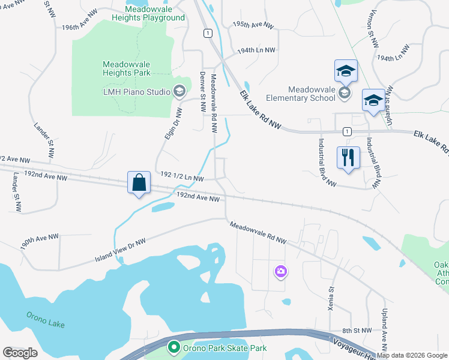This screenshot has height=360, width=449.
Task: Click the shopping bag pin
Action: [x=139, y=182]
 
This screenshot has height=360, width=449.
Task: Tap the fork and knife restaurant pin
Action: [x=348, y=158]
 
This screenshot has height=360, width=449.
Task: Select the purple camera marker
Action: [x=280, y=272]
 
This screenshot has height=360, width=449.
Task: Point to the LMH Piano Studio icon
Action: [x=178, y=91]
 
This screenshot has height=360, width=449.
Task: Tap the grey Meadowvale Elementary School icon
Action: [x=345, y=92]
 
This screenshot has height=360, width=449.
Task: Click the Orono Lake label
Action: [x=45, y=320]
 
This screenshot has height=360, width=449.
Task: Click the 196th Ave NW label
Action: [x=79, y=28]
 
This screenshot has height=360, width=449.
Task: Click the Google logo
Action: [x=20, y=353]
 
